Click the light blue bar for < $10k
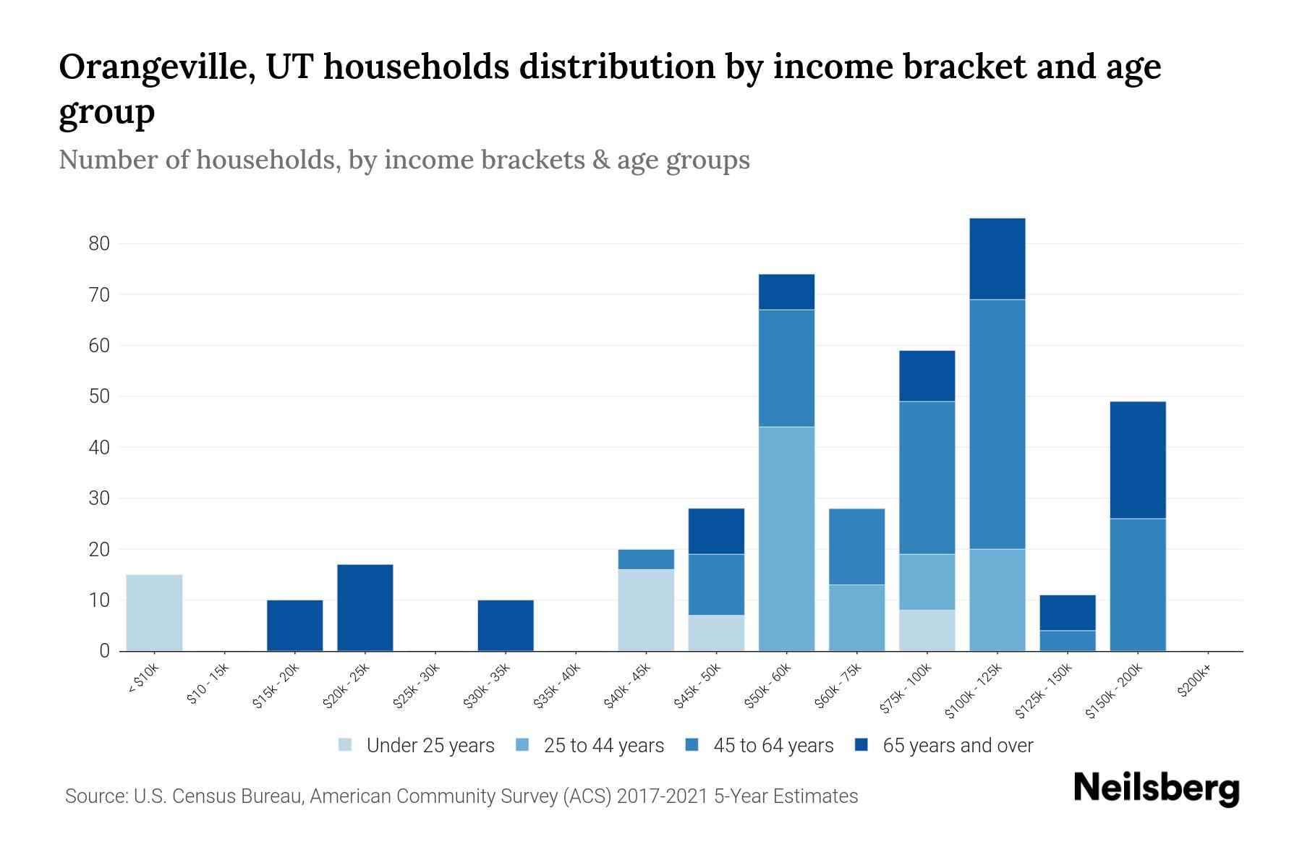(154, 613)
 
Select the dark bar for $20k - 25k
(365, 608)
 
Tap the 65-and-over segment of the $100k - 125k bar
(997, 259)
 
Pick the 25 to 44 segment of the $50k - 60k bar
(786, 539)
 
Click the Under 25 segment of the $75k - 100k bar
(927, 630)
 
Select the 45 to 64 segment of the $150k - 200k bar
(1138, 584)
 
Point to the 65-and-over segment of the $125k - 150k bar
(1068, 613)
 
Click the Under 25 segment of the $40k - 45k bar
(646, 610)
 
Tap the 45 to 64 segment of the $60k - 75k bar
(856, 547)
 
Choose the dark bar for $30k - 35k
(506, 625)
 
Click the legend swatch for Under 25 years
(346, 745)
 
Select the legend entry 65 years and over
(957, 746)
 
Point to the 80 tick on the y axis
(99, 244)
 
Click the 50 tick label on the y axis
(99, 396)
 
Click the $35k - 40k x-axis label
(557, 690)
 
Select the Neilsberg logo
(1156, 788)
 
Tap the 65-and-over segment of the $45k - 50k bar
(716, 531)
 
